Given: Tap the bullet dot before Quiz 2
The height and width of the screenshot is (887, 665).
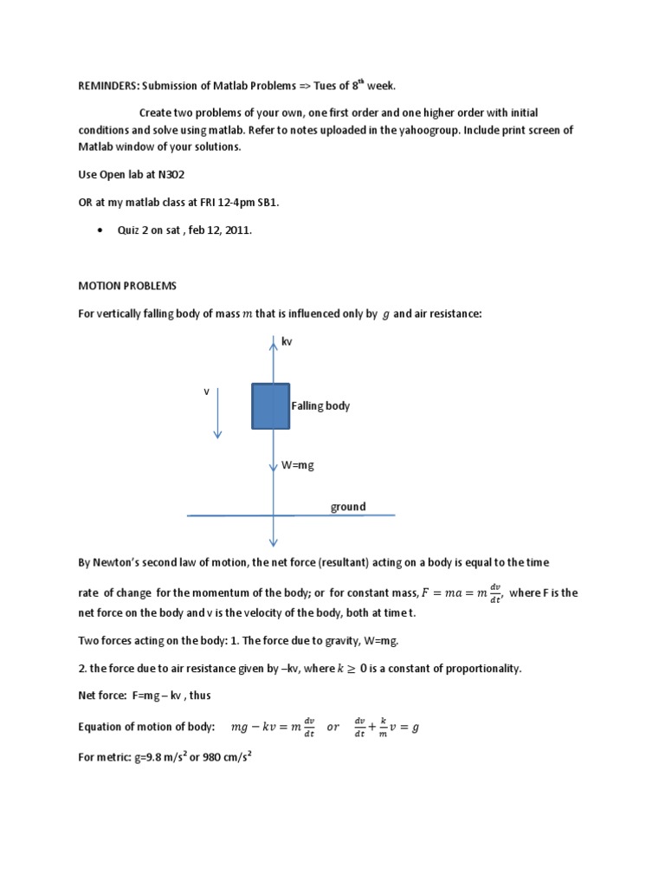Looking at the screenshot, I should pos(101,230).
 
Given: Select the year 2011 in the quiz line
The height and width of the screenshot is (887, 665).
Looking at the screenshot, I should pos(237,230).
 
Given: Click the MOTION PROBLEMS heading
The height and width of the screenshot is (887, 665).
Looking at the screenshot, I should pos(127,285).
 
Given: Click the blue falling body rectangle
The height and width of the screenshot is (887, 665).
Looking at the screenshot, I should pos(271,406).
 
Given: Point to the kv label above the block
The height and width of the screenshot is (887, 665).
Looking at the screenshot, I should pos(287,342).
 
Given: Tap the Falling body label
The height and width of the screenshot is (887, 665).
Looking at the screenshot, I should pos(320,405).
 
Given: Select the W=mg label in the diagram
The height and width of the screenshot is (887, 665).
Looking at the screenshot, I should pos(297,465).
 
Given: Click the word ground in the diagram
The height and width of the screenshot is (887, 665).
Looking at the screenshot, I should pos(348,507).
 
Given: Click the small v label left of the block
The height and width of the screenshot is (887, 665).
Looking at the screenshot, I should pos(207,392).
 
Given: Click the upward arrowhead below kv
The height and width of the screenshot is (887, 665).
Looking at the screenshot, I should pos(273,340).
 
